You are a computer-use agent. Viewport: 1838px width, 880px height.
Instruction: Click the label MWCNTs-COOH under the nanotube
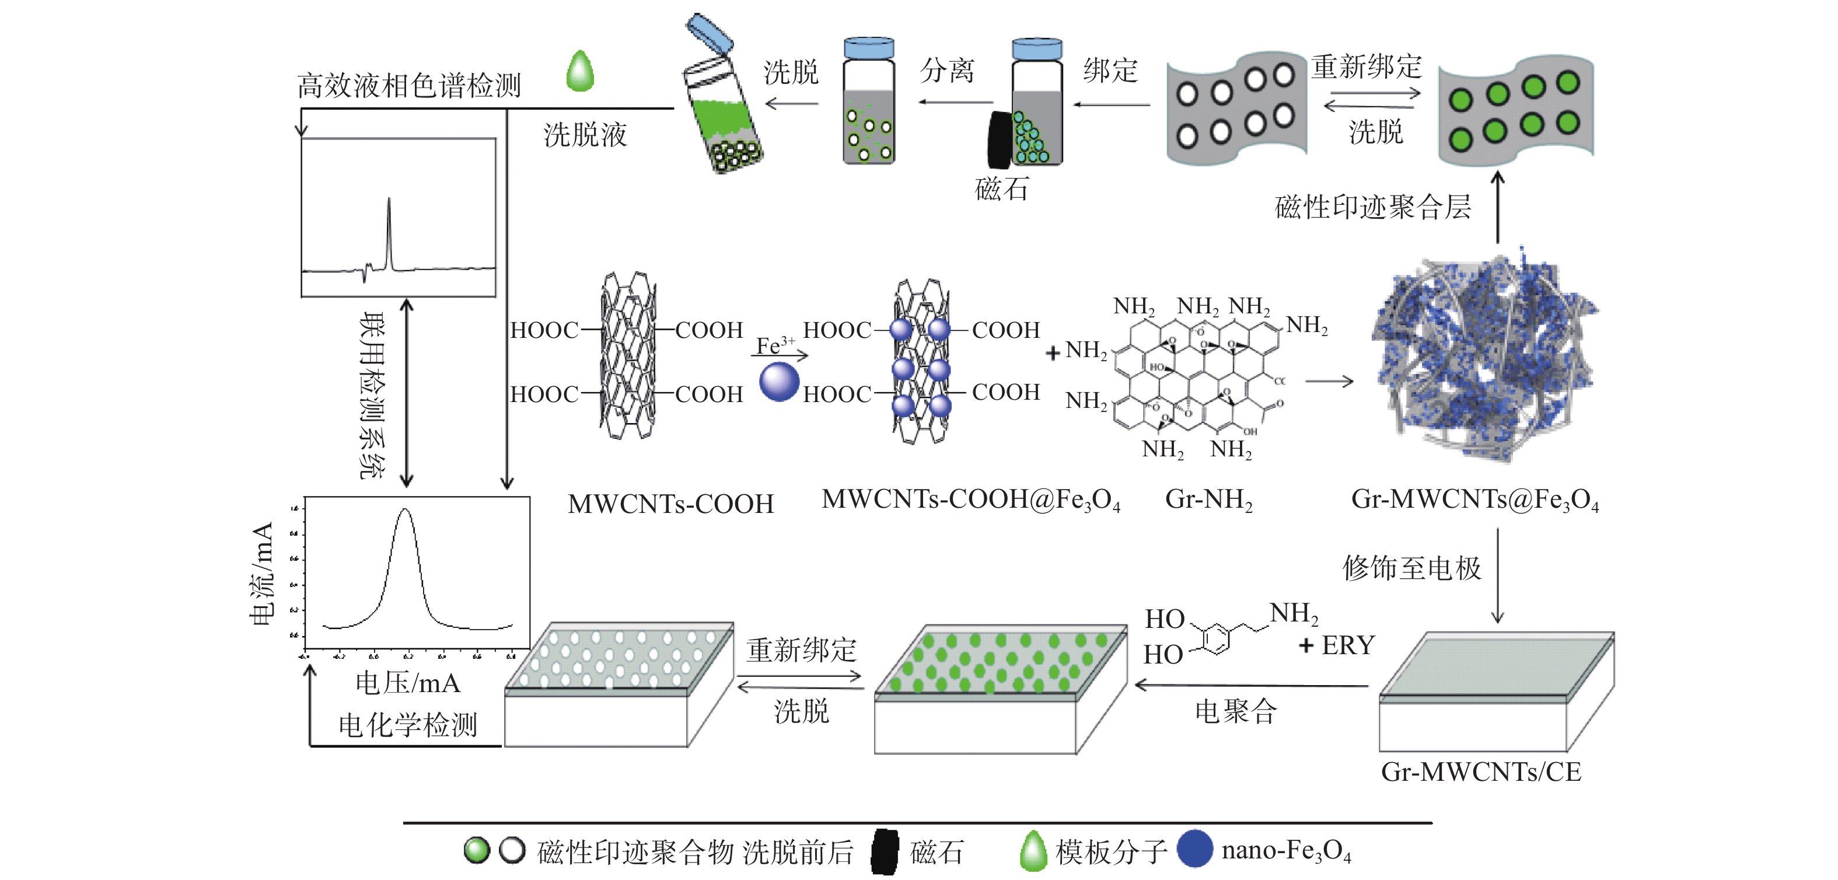pos(670,504)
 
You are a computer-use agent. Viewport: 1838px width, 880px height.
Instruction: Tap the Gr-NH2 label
pos(1208,500)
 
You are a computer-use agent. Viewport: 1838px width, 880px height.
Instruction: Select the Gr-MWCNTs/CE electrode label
pos(1480,771)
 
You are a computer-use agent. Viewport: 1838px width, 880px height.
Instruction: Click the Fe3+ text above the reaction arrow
pos(775,345)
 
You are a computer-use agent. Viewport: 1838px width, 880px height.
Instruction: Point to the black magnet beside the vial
pos(1000,141)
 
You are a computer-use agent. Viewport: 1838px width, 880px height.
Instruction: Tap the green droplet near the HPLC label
pos(580,71)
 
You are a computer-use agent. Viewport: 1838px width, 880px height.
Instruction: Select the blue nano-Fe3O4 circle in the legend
pos(1194,848)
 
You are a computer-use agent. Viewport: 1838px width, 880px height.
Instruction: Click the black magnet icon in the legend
pos(885,851)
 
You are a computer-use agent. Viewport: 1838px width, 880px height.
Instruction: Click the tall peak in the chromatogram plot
pos(389,228)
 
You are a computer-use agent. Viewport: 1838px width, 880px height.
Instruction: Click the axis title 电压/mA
pos(407,683)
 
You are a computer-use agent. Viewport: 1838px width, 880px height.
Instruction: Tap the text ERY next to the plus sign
pos(1348,645)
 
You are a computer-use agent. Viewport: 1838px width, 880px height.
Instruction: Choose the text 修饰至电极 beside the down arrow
pos(1411,568)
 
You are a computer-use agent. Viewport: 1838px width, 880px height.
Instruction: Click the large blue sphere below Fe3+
pos(778,381)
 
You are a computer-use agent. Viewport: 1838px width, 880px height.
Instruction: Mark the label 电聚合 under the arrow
pos(1235,711)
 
